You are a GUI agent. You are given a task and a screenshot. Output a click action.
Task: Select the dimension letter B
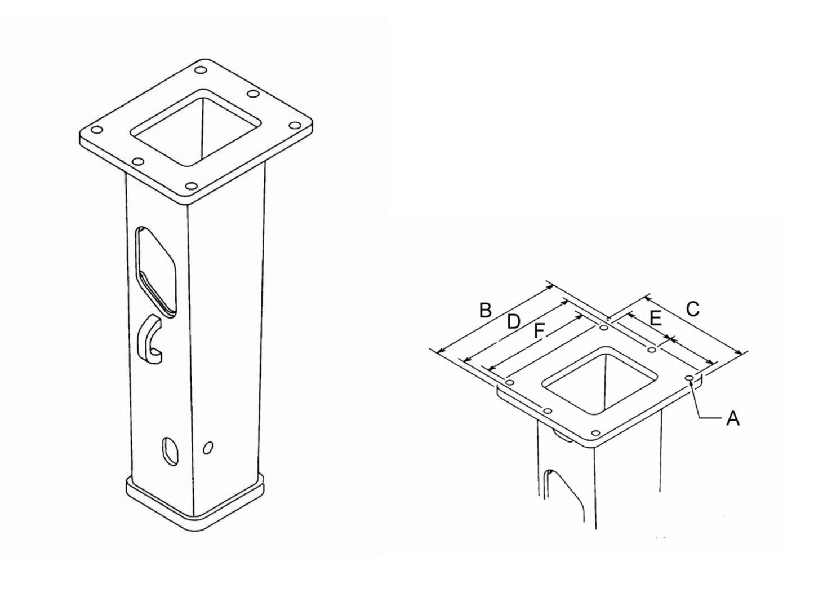click(x=485, y=310)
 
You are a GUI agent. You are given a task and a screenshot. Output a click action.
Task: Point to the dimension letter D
click(x=512, y=322)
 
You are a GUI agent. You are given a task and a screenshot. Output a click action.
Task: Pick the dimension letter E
click(x=655, y=319)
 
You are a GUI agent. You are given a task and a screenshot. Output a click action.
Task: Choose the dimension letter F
click(x=539, y=332)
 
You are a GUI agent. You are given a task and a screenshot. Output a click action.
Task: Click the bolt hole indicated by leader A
click(x=689, y=378)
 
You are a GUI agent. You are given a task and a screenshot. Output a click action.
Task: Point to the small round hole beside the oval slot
click(x=208, y=448)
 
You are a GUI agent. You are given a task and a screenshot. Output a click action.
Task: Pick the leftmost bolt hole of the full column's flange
click(x=96, y=130)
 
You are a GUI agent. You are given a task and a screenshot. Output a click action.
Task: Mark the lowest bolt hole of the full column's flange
click(x=191, y=185)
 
